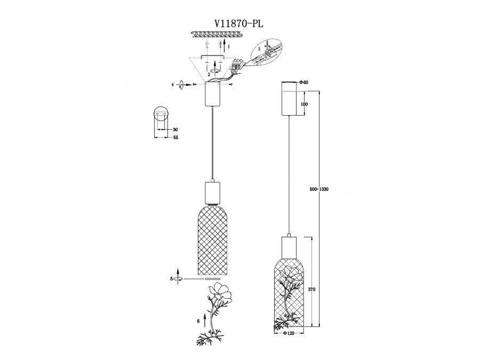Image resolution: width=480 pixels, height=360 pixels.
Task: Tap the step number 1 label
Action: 229,47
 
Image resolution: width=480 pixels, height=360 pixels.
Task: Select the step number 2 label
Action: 209,75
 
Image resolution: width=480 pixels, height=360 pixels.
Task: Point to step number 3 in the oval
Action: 259,49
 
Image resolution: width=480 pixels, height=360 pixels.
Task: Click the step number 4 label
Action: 172,84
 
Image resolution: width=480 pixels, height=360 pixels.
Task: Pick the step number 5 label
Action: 171,278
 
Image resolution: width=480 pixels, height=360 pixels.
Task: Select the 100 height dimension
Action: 304,103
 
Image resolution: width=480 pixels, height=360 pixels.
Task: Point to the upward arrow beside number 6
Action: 206,318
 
